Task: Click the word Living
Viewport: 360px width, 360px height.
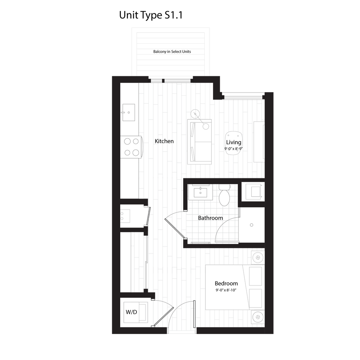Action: [x=233, y=142]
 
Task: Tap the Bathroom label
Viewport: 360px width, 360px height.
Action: [x=210, y=218]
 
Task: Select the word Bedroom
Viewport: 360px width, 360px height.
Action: [x=226, y=283]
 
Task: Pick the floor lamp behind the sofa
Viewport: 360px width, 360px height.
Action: [x=196, y=113]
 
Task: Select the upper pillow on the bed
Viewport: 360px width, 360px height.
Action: [x=256, y=276]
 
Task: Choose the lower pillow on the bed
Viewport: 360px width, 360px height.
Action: [x=256, y=298]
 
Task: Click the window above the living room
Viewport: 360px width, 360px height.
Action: [x=243, y=95]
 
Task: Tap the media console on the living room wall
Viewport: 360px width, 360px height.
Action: [x=259, y=142]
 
